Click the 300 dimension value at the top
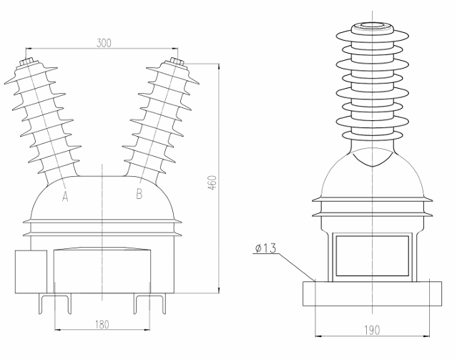tap(104, 43)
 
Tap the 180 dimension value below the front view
tap(102, 325)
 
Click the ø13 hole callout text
tap(266, 248)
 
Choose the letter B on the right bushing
tap(139, 194)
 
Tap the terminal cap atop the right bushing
tap(176, 63)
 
